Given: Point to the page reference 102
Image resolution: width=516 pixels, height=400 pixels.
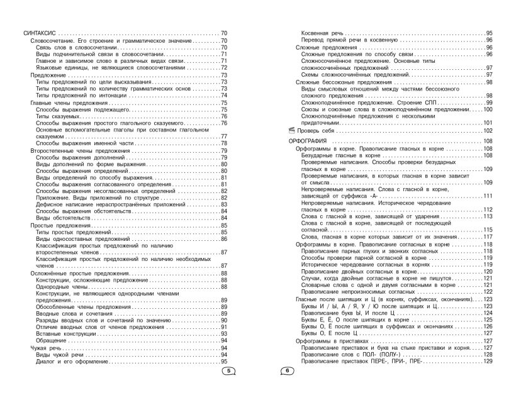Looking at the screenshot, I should coord(488,130).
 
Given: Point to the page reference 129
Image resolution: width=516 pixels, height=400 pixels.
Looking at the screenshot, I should coord(488,362).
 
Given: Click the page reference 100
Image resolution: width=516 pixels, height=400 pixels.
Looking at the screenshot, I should coord(488,109).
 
